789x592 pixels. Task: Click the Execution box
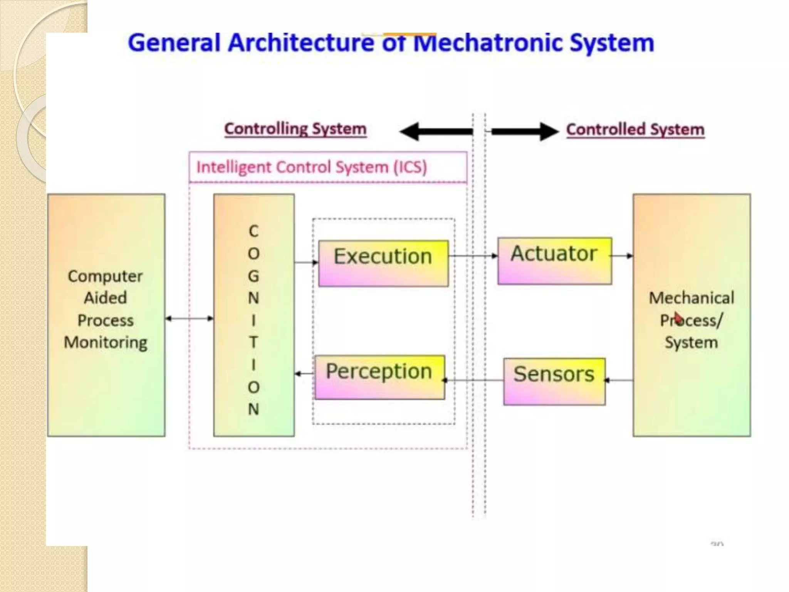pyautogui.click(x=383, y=263)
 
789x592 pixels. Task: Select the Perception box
pyautogui.click(x=379, y=377)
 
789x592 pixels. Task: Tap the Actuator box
pyautogui.click(x=554, y=261)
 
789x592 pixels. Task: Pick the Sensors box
pyautogui.click(x=554, y=381)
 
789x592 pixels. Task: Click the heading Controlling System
pyautogui.click(x=295, y=129)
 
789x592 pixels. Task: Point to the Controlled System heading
pyautogui.click(x=635, y=129)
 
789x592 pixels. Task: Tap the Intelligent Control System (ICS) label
pyautogui.click(x=312, y=167)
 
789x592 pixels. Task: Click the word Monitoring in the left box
pyautogui.click(x=106, y=342)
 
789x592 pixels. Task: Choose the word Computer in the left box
pyautogui.click(x=105, y=276)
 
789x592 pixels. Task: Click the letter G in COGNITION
pyautogui.click(x=253, y=276)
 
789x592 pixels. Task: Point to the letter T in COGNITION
pyautogui.click(x=253, y=342)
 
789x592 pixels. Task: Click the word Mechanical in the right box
pyautogui.click(x=691, y=298)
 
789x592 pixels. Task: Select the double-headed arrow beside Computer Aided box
pyautogui.click(x=189, y=318)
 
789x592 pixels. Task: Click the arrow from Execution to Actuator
pyautogui.click(x=473, y=256)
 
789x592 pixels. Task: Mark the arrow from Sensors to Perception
pyautogui.click(x=474, y=380)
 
